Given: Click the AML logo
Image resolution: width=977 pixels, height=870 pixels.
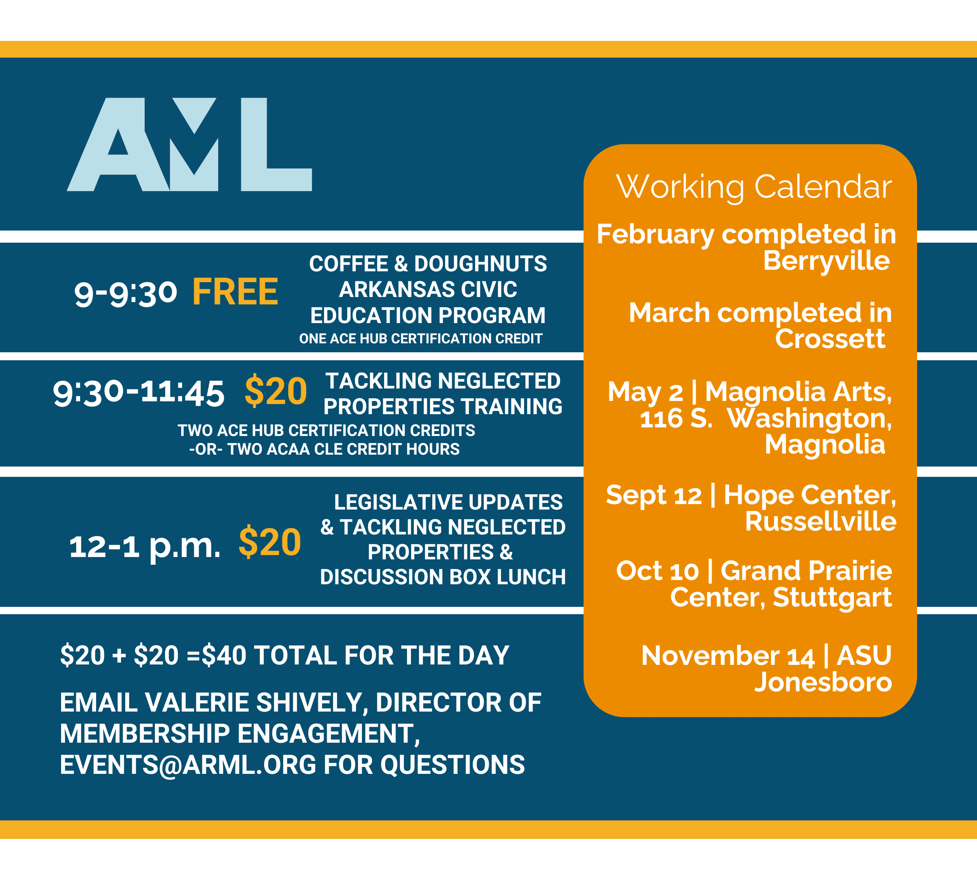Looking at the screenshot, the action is pos(189,144).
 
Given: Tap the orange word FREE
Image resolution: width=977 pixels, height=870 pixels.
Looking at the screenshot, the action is pos(235,292).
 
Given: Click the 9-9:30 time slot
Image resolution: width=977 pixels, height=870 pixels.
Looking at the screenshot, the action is pos(126,293).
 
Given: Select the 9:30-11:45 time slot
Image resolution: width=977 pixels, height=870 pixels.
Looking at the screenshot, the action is pos(139,392).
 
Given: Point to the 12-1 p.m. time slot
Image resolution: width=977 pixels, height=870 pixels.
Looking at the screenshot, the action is pos(145,546).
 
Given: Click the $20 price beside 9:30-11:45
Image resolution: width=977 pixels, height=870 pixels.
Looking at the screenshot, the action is pos(276,391).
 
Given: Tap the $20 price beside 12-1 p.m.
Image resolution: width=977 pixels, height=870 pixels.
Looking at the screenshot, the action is pos(270,542).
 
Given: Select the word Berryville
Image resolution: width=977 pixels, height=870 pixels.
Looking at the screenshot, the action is pos(826,261).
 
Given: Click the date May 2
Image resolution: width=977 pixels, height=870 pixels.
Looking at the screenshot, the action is pos(645,392).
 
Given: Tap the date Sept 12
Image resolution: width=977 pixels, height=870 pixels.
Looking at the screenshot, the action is pos(654,495).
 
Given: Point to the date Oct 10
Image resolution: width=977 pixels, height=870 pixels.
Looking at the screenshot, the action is pos(658,571).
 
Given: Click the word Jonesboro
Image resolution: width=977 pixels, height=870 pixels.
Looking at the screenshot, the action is pos(823,682).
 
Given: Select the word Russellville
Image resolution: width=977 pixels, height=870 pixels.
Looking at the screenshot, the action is pos(821,521).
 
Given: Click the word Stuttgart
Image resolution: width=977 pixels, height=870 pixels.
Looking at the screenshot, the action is pos(832,598).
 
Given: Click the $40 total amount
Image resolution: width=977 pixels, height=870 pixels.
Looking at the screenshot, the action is pos(224,655).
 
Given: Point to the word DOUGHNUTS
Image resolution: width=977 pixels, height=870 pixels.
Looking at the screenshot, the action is pos(481,264).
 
